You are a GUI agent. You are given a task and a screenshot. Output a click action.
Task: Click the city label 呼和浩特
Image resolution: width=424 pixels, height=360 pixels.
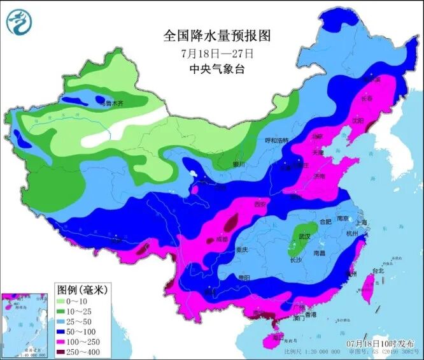tap(277, 140)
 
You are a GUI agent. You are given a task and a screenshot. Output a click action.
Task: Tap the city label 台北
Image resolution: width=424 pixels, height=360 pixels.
tap(378, 270)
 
